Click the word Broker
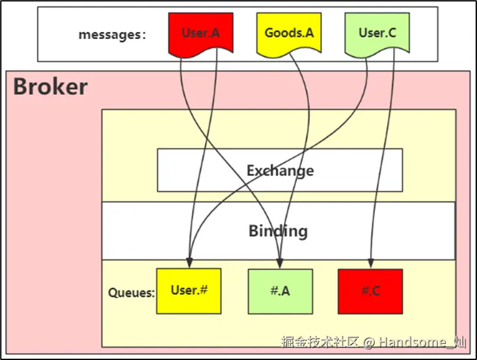pos(50,87)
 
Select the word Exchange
pos(280,171)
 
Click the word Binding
pos(278,230)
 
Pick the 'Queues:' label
pos(131,292)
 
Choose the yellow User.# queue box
pos(189,291)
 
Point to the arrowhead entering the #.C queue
pos(370,264)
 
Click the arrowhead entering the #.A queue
pos(280,264)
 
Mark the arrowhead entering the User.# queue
pos(189,264)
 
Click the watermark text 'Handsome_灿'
pos(422,342)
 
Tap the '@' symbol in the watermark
pos(368,342)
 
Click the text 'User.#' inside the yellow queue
pos(189,290)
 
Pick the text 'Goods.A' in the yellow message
pos(289,33)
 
